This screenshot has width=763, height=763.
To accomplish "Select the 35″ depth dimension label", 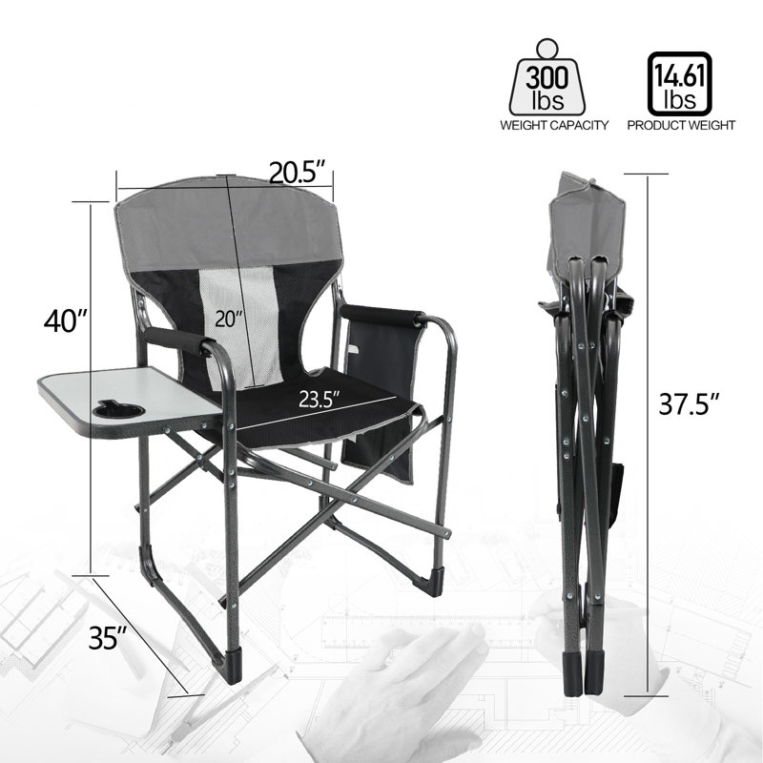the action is [108, 637].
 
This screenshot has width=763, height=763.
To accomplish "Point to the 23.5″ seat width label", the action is [319, 400].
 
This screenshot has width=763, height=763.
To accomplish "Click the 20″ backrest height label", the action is [229, 320].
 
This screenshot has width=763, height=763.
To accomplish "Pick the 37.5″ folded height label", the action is [689, 403].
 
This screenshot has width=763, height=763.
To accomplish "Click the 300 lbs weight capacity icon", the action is [547, 78].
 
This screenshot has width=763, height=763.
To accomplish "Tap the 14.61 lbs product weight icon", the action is [680, 83].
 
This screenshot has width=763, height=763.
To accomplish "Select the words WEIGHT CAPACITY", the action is [554, 125].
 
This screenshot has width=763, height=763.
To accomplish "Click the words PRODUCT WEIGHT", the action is [681, 125].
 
